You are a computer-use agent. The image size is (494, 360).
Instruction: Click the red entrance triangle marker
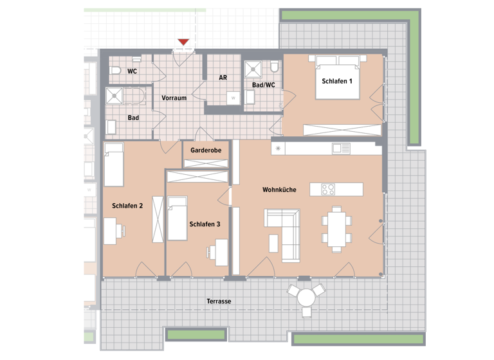pyautogui.click(x=183, y=42)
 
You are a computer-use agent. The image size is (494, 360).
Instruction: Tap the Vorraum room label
pyautogui.click(x=174, y=98)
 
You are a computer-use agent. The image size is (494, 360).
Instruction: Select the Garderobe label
pyautogui.click(x=206, y=150)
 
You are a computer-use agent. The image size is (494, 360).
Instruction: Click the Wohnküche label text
pyautogui.click(x=279, y=190)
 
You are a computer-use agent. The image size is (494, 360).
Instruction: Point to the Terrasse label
pyautogui.click(x=219, y=301)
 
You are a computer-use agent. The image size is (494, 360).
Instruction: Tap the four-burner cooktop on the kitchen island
pyautogui.click(x=328, y=189)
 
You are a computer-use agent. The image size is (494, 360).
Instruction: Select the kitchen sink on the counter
pyautogui.click(x=340, y=148)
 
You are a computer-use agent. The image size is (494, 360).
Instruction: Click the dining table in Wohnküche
pyautogui.click(x=336, y=228)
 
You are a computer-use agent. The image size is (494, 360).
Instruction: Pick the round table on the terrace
pyautogui.click(x=306, y=297)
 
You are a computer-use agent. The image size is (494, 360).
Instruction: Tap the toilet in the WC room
pyautogui.click(x=115, y=70)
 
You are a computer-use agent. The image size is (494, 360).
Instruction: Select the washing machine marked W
pyautogui.click(x=233, y=97)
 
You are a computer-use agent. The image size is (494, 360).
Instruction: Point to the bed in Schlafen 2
pyautogui.click(x=114, y=164)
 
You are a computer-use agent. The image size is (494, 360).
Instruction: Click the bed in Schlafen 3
pyautogui.click(x=176, y=218)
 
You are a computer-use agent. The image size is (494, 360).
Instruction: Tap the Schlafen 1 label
pyautogui.click(x=337, y=81)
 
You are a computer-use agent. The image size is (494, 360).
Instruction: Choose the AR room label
pyautogui.click(x=223, y=77)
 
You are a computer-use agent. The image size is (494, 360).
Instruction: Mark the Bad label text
pyautogui.click(x=133, y=118)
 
